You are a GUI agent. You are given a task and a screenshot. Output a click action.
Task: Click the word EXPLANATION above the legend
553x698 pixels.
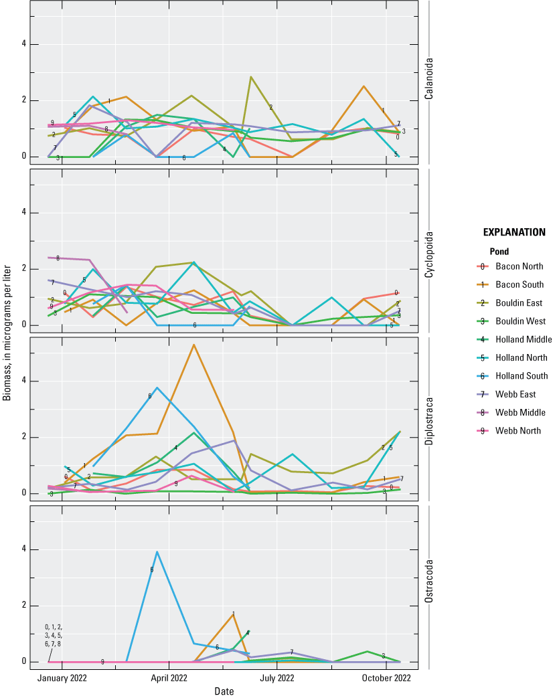(514, 233)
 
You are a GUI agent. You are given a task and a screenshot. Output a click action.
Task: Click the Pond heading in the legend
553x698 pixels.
(492, 252)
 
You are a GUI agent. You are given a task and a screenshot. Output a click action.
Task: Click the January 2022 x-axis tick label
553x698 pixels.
(62, 678)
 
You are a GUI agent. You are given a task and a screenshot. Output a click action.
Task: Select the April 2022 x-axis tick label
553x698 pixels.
(169, 678)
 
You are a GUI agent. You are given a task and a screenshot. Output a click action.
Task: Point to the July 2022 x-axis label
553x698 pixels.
(276, 678)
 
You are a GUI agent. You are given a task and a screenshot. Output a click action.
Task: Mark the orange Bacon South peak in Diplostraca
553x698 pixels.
(193, 345)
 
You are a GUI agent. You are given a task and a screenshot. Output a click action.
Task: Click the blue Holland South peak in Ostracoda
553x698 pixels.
(157, 552)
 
